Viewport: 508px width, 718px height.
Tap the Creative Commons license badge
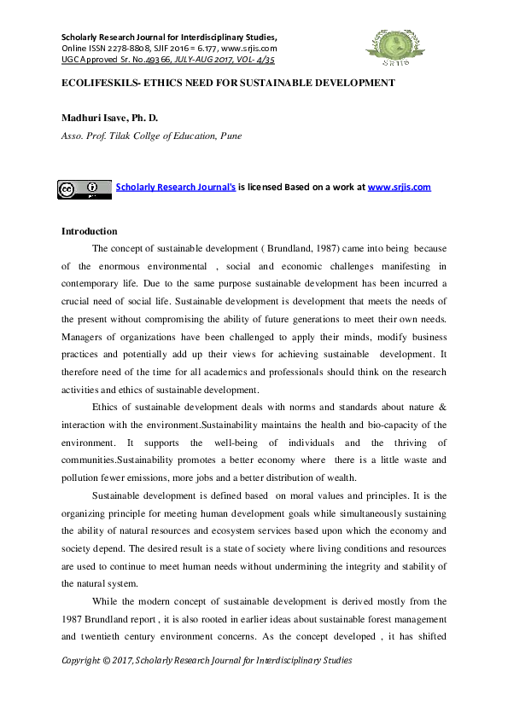[85, 188]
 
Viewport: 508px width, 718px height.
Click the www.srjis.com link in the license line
[399, 187]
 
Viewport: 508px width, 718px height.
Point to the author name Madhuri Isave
[94, 117]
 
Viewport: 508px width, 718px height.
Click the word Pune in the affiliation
[231, 135]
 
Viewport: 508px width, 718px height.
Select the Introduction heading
[90, 231]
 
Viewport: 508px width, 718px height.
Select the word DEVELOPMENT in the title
[349, 83]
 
